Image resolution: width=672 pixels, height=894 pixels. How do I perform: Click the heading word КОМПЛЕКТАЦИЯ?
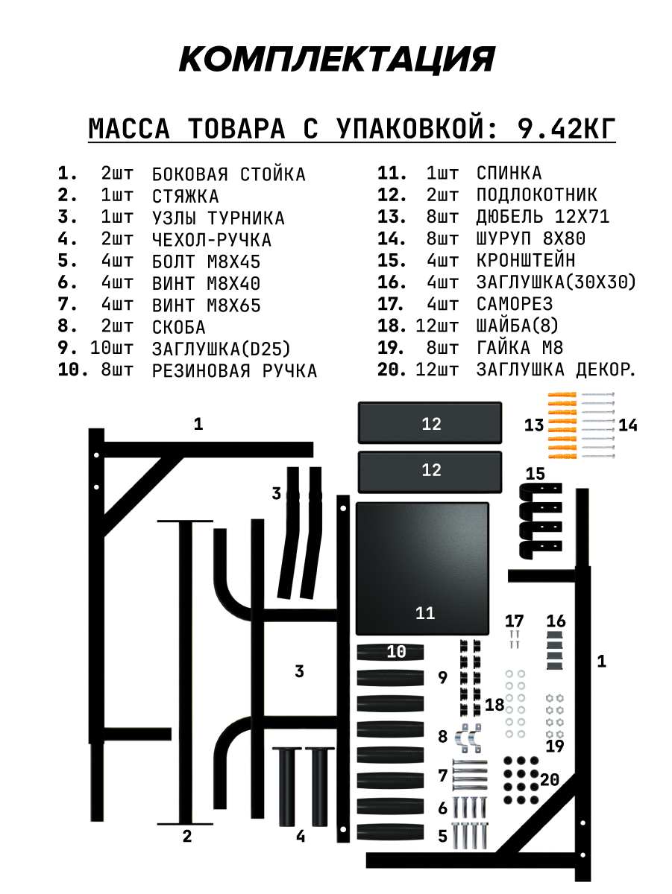336,59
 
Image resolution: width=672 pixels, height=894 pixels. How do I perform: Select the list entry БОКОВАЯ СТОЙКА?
228,174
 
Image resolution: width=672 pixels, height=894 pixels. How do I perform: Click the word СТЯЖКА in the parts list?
185,196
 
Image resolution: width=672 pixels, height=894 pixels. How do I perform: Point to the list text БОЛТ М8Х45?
206,261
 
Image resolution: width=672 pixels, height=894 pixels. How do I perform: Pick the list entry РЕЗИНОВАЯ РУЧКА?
234,370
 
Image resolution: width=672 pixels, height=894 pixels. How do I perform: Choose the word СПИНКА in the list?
509,174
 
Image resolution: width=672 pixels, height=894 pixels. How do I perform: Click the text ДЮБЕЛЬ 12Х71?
543,217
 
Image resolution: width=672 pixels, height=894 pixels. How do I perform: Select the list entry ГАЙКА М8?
520,348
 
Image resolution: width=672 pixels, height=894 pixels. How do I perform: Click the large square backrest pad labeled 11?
422,566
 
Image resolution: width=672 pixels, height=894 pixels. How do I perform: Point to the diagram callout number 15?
535,473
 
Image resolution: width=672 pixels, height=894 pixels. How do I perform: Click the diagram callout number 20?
550,780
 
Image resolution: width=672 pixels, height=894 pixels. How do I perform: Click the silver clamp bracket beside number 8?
468,736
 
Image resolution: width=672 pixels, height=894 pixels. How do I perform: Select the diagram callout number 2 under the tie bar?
187,836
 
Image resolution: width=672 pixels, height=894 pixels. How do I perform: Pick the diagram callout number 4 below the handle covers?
300,837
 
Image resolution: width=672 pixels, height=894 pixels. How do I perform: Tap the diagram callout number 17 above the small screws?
514,621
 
